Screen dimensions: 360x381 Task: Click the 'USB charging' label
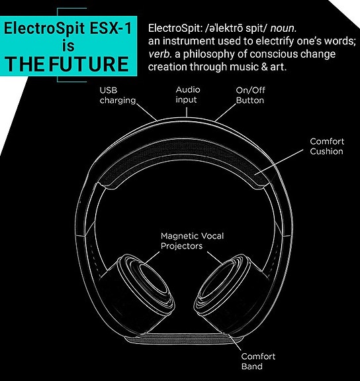pyautogui.click(x=118, y=95)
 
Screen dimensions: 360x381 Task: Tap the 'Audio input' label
pyautogui.click(x=188, y=95)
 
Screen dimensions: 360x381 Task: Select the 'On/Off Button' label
pyautogui.click(x=250, y=95)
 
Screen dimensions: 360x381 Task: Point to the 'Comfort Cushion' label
pyautogui.click(x=327, y=146)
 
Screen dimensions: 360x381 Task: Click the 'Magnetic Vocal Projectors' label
pyautogui.click(x=193, y=241)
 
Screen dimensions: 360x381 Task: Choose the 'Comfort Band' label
pyautogui.click(x=258, y=361)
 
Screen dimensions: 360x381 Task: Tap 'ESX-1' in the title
pyautogui.click(x=111, y=28)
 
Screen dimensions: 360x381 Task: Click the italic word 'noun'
pyautogui.click(x=283, y=28)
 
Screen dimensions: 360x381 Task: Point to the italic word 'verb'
pyautogui.click(x=160, y=54)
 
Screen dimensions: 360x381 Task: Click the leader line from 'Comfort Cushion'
pyautogui.click(x=279, y=162)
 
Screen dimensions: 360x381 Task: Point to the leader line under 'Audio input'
pyautogui.click(x=187, y=112)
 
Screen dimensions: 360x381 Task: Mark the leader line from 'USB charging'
pyautogui.click(x=147, y=112)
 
